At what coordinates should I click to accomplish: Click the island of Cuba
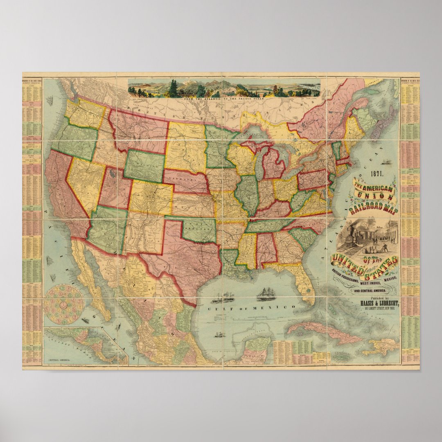pyautogui.click(x=323, y=331)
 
